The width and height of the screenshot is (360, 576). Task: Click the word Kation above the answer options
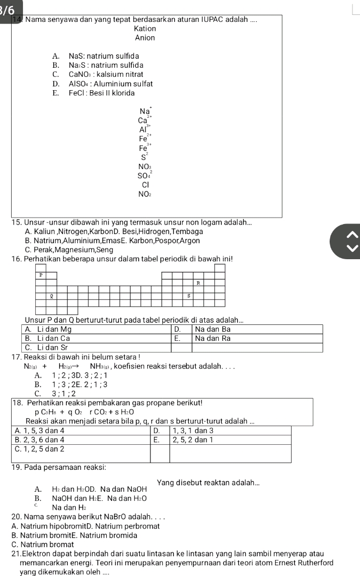coord(145,29)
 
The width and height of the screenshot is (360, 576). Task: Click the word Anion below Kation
coord(145,38)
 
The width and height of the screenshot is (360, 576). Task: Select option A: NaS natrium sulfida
coord(96,56)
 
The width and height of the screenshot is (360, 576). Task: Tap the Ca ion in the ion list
coord(144,122)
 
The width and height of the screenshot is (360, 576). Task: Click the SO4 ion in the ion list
coord(144,175)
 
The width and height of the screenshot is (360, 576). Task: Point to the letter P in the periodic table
coord(41,275)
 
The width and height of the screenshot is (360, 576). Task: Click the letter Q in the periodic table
coord(51,295)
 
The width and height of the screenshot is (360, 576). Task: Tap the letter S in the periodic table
coord(188,295)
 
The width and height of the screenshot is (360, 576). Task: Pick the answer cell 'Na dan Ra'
coord(213,338)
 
